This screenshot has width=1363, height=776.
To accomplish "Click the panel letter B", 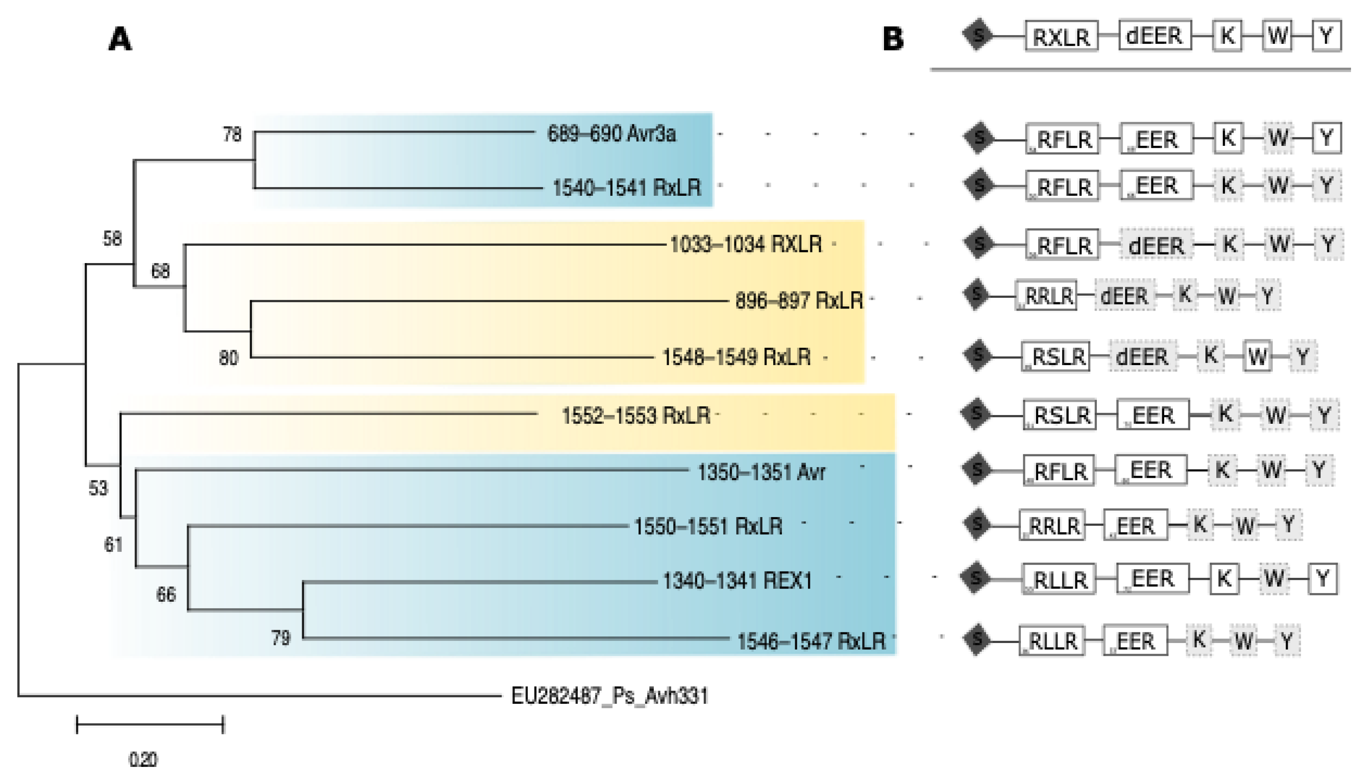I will pos(893,39).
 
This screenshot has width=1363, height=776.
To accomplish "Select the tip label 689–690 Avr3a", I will pos(612,134).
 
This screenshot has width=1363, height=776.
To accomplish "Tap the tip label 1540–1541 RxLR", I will pos(627,187).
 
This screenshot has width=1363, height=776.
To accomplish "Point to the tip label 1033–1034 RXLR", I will pos(746,244).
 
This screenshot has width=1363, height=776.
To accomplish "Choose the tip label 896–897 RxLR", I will pos(799,301).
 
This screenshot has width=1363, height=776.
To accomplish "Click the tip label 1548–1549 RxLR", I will pos(736,357).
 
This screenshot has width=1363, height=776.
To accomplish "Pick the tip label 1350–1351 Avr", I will pos(762,472).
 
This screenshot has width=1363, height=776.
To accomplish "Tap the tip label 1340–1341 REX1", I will pos(737,580).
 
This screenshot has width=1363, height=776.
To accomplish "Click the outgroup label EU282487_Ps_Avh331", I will pos(610,696).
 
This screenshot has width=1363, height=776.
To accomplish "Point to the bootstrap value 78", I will pos(232,134).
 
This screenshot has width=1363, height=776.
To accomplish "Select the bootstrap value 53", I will pos(98,488).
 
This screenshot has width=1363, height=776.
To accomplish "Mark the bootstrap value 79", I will pos(281,638).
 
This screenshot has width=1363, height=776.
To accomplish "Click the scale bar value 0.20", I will pos(143,758).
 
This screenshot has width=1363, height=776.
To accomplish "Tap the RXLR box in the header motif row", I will pos(1061,36).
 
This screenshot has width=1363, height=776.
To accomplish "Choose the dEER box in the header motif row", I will pos(1154,36).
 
